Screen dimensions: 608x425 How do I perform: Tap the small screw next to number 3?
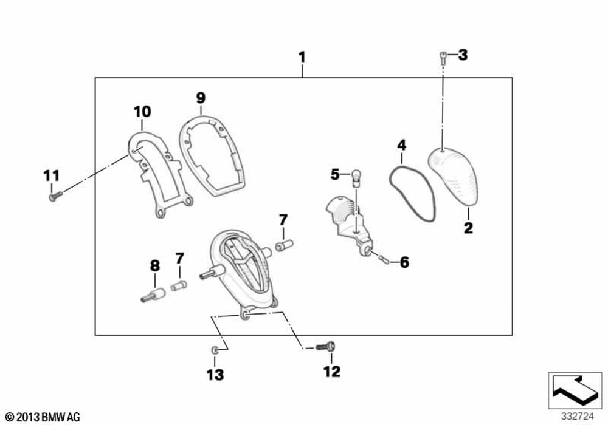(444, 58)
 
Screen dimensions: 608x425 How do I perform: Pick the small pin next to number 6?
(383, 260)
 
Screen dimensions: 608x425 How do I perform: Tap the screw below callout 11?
(55, 195)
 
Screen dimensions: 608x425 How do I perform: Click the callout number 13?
(215, 375)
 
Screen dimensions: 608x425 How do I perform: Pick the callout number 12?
(331, 371)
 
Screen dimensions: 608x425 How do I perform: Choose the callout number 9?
(201, 97)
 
